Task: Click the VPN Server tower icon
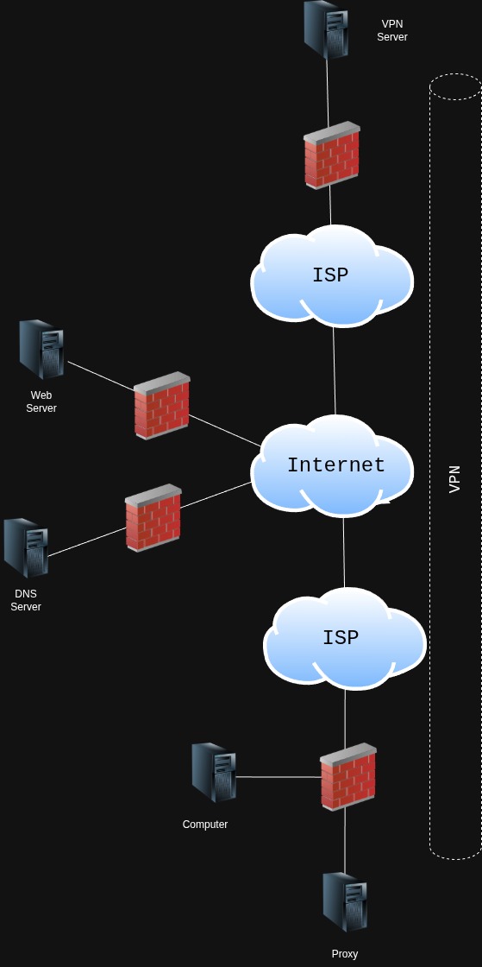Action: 326,29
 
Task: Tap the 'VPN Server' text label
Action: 391,31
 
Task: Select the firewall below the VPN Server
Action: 331,155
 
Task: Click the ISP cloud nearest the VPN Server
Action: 331,275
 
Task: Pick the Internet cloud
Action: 335,465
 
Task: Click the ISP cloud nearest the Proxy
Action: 343,638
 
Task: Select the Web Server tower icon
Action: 41,349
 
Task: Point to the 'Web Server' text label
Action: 41,401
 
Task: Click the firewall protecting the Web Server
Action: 161,406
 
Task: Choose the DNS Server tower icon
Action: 26,547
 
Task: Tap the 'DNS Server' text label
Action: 26,600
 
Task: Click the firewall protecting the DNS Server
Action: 153,518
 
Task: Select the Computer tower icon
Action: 213,772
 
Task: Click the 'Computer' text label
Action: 205,825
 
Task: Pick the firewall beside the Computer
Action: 347,777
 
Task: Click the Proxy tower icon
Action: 345,901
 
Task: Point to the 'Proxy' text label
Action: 345,954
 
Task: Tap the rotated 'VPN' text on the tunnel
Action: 455,479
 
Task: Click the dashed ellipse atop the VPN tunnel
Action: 455,87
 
